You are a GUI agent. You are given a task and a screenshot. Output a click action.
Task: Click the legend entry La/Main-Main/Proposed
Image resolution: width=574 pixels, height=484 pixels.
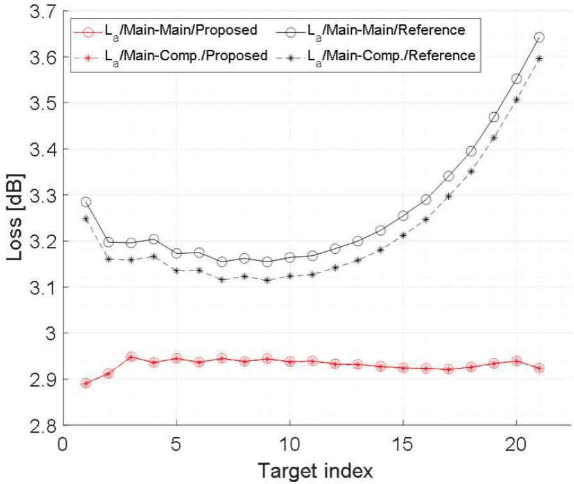click(166, 31)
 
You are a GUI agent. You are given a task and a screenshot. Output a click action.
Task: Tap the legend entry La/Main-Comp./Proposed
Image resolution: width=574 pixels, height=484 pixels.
click(171, 56)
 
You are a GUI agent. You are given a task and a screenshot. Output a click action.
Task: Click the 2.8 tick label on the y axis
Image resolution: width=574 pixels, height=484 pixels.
click(44, 426)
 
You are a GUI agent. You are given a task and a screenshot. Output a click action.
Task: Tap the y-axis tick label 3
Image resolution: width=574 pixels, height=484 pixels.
click(51, 333)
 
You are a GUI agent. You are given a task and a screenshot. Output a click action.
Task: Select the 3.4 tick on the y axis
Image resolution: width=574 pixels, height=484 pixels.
click(44, 150)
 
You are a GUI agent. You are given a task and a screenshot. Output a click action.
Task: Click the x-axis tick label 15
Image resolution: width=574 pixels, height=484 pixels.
click(403, 444)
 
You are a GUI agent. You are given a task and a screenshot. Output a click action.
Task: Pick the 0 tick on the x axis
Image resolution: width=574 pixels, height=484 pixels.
click(63, 444)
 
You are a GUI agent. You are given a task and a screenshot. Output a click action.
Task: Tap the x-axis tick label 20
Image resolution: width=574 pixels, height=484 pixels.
click(516, 444)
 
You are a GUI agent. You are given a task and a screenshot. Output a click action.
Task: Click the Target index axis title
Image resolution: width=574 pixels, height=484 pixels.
click(315, 471)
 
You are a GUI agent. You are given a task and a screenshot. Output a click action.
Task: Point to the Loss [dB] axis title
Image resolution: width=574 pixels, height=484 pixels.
click(15, 217)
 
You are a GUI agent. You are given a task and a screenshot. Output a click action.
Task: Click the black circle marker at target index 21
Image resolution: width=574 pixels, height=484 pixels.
click(539, 37)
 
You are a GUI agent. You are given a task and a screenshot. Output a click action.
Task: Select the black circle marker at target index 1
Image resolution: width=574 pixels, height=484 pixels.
click(85, 202)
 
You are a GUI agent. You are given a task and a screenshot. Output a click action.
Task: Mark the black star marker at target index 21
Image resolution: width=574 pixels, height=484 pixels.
click(539, 58)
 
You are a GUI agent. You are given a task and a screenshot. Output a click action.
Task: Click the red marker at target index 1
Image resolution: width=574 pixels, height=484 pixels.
click(85, 383)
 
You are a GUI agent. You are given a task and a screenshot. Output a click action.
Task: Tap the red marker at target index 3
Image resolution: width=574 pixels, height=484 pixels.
click(131, 357)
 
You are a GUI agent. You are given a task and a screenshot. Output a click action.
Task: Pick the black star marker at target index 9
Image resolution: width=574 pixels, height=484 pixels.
click(267, 280)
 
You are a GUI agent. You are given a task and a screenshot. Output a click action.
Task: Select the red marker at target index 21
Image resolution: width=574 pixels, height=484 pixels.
click(539, 368)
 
